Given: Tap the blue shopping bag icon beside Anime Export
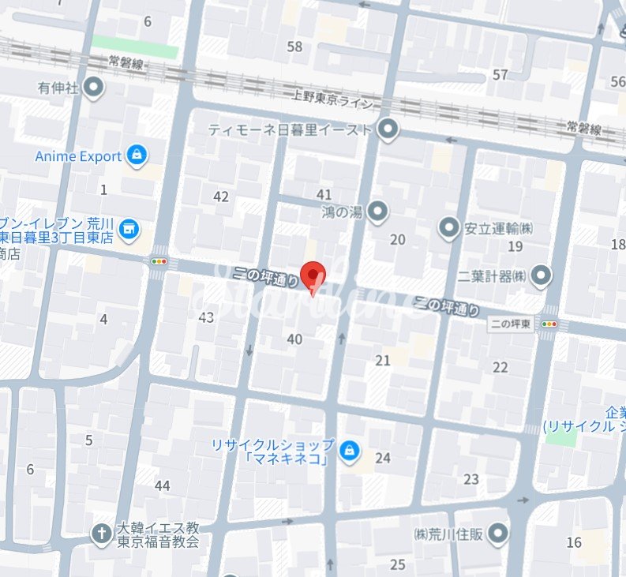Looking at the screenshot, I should pyautogui.click(x=137, y=155).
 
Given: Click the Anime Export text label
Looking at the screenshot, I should pyautogui.click(x=78, y=156).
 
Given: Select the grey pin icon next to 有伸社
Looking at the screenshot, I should pyautogui.click(x=95, y=88).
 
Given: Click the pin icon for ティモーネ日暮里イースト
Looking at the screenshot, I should pyautogui.click(x=388, y=128).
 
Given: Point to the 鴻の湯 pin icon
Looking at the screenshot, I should pyautogui.click(x=378, y=211).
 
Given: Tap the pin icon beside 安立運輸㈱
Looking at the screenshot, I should pyautogui.click(x=449, y=229).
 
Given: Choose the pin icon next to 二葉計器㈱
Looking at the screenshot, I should pyautogui.click(x=542, y=275).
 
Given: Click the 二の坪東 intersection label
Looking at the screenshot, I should pyautogui.click(x=511, y=324).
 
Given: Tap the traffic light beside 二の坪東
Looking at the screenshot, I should pyautogui.click(x=549, y=324).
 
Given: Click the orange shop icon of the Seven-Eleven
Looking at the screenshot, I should pyautogui.click(x=129, y=230).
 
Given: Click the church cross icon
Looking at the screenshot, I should pyautogui.click(x=101, y=534).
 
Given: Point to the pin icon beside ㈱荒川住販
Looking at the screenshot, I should pyautogui.click(x=497, y=535).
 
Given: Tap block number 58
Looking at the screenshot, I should pyautogui.click(x=295, y=47).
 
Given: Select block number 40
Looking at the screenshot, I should pyautogui.click(x=294, y=339).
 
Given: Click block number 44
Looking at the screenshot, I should pyautogui.click(x=163, y=485).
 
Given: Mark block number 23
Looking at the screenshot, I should pyautogui.click(x=471, y=479).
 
